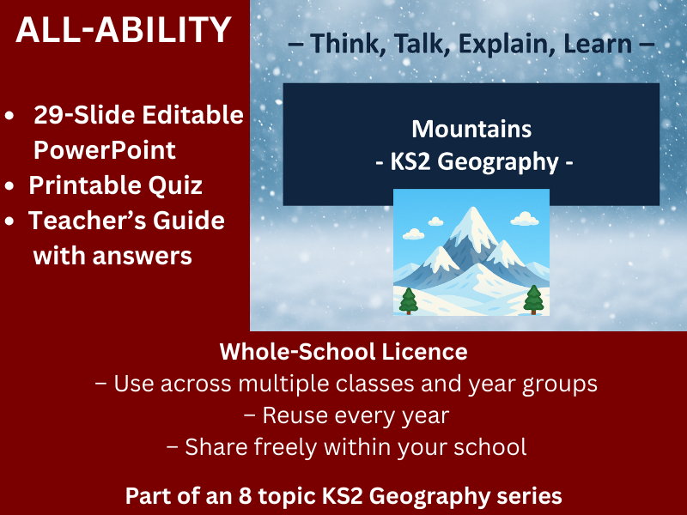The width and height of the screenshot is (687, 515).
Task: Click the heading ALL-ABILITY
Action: coord(124,32)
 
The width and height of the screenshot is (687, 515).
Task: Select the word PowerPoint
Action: coord(104,149)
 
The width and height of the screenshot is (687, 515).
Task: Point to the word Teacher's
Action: coord(82,220)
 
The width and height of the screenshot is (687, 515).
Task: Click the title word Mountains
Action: coord(471,129)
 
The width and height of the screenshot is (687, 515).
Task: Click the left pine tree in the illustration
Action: coord(409,300)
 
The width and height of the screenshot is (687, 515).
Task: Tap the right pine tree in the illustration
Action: coord(533,298)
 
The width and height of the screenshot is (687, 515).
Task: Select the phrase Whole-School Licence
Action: coord(343,351)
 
